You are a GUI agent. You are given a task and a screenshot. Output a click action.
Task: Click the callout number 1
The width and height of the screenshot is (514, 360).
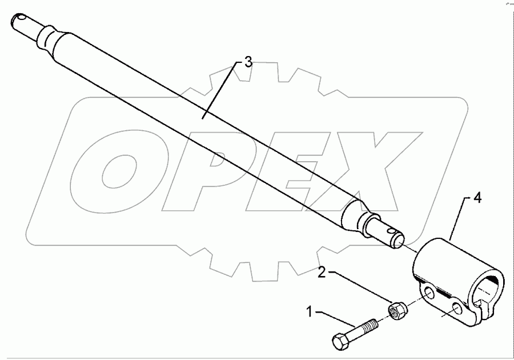coord(310,313)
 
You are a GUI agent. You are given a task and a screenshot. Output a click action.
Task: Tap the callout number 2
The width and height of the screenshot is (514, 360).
coord(323,273)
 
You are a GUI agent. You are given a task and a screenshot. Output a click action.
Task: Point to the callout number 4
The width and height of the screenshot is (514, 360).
coord(477,199)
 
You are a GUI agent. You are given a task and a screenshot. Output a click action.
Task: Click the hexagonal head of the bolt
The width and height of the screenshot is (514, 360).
coord(340,341)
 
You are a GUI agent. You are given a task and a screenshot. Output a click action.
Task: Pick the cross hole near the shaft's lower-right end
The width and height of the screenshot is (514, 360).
coord(390,233)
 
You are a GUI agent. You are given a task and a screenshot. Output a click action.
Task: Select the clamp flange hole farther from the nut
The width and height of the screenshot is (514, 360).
coord(457,309)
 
